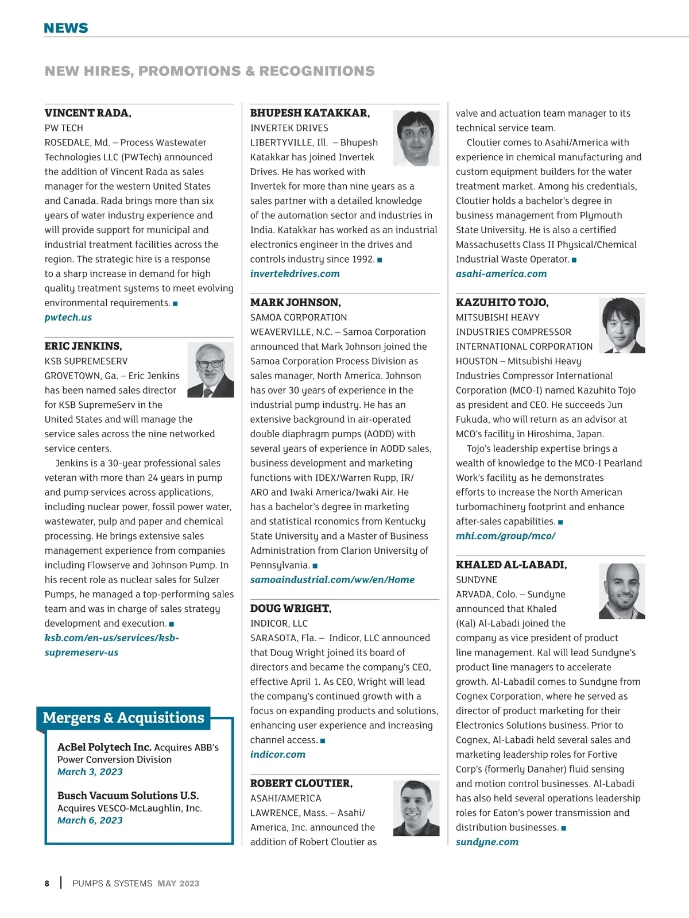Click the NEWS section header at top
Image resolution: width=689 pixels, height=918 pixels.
66,28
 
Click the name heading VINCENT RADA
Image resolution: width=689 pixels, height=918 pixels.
88,113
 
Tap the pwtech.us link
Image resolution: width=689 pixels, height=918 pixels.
68,317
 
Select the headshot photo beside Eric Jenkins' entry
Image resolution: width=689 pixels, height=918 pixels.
210,370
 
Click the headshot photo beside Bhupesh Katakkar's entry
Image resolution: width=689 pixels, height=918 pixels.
416,138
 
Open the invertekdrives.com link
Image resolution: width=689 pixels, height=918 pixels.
295,273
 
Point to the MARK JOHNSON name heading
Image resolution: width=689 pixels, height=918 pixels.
295,303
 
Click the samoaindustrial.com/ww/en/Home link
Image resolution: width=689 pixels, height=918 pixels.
332,580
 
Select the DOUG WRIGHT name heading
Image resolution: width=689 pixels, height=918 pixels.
291,609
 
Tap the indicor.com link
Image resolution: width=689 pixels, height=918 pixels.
277,754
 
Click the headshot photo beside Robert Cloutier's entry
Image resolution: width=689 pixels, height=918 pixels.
416,808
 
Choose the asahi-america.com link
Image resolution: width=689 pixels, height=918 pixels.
501,273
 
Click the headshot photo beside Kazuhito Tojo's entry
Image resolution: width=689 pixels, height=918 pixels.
621,325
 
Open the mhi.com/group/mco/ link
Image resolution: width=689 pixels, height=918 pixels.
505,536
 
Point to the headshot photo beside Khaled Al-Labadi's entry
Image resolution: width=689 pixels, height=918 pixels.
621,591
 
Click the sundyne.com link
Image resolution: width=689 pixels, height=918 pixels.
487,842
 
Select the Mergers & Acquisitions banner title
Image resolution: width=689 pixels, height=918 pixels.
123,718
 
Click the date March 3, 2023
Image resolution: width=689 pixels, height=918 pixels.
90,772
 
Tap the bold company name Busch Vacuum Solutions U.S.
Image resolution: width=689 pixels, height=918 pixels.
127,796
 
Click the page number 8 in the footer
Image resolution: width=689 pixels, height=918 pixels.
47,884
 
